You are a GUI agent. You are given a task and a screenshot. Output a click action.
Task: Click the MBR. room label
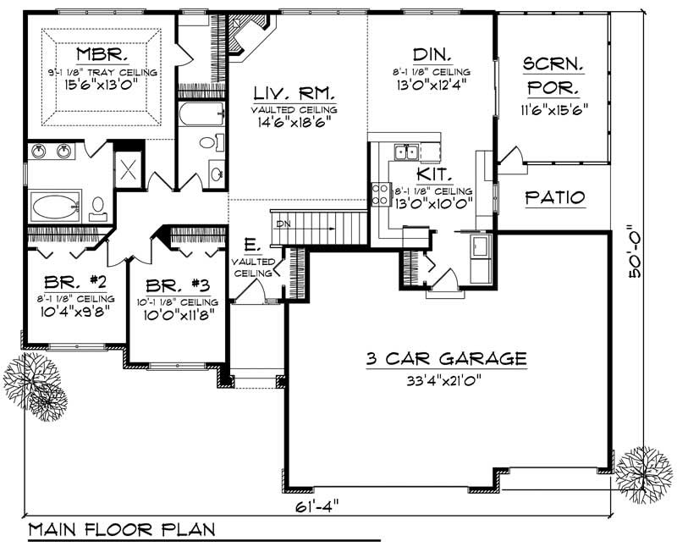tap(102, 55)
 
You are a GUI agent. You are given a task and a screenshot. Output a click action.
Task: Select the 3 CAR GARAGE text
tap(446, 358)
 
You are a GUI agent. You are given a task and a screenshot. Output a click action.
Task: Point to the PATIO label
tap(554, 197)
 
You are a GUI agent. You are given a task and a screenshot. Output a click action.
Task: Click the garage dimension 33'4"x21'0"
tap(446, 379)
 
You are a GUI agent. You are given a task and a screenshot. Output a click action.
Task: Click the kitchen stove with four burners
tap(380, 195)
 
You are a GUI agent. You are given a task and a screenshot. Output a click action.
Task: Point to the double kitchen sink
tap(404, 152)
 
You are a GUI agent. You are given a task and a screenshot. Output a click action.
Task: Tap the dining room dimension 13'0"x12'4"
tap(431, 84)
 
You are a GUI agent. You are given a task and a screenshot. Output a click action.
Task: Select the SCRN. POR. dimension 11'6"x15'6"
tap(554, 108)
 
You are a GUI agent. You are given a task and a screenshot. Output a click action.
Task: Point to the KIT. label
tap(428, 174)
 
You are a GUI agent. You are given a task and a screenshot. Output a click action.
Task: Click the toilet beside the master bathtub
tap(98, 206)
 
